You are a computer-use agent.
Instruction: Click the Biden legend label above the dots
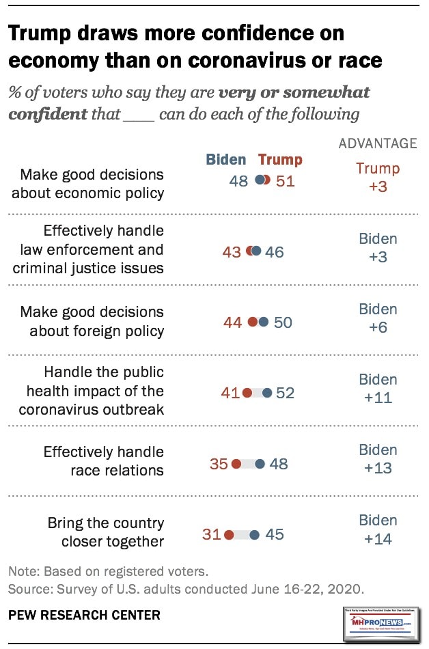pos(225,160)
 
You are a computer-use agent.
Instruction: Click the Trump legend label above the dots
pos(280,160)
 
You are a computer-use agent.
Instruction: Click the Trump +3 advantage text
pos(378,177)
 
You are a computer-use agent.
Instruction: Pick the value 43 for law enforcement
pos(232,252)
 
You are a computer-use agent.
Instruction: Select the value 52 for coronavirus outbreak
pos(286,393)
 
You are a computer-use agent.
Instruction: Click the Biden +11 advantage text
pos(378,388)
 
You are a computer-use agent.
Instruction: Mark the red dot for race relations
pos(236,464)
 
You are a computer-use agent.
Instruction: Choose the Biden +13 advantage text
pos(378,459)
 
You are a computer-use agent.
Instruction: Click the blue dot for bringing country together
pos(255,535)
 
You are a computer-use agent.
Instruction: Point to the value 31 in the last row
pos(212,535)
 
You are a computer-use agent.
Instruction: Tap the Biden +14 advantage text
pos(378,530)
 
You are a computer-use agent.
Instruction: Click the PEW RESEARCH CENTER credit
pos(84,615)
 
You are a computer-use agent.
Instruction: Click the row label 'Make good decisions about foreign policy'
pos(92,322)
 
